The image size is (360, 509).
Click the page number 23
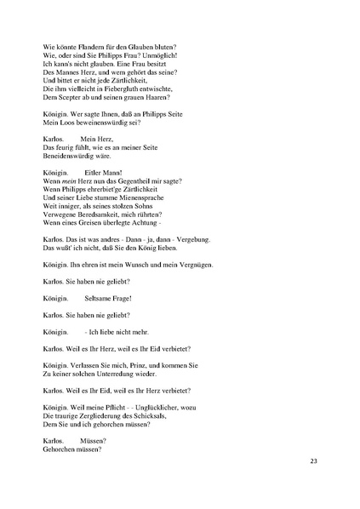313,462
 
